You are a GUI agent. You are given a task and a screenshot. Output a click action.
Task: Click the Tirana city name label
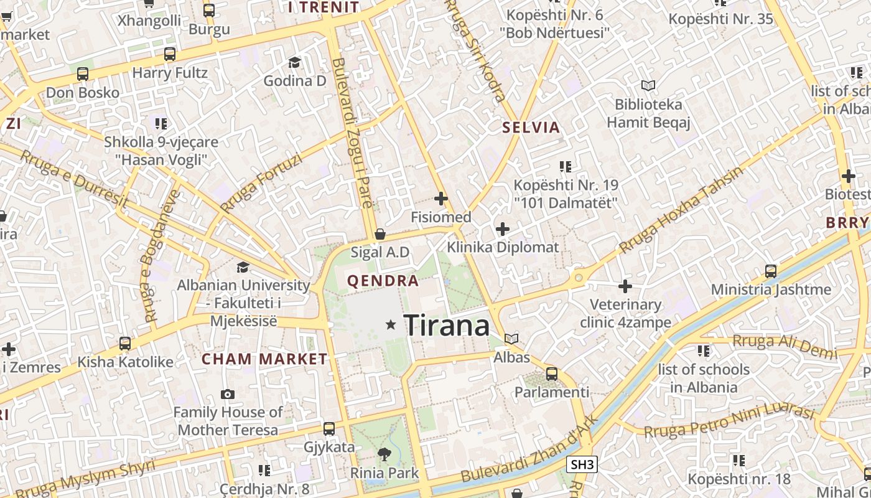[447, 325]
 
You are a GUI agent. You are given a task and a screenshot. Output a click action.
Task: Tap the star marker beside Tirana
[391, 324]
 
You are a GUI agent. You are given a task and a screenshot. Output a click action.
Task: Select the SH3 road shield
[583, 464]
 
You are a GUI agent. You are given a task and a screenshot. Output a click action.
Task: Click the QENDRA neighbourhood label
[383, 281]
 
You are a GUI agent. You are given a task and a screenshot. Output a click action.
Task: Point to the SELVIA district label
[531, 128]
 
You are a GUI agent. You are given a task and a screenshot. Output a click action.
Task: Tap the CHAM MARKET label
[264, 359]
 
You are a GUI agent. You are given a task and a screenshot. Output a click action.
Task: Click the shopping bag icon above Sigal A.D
[380, 235]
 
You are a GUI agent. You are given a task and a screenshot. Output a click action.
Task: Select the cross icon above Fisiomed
[441, 199]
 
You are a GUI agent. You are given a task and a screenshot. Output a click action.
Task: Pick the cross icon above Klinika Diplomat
[503, 229]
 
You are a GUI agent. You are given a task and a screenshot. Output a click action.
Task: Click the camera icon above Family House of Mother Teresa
[228, 394]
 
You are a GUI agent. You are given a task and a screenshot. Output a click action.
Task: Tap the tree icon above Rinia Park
[384, 454]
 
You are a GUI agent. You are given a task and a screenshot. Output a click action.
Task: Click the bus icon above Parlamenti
[551, 374]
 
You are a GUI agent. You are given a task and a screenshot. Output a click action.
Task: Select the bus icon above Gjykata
[328, 429]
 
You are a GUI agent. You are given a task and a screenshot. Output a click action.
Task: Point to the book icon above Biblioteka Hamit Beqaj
[648, 85]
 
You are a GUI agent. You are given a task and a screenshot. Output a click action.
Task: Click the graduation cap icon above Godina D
[294, 62]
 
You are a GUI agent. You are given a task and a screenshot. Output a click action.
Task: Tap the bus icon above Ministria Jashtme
[771, 271]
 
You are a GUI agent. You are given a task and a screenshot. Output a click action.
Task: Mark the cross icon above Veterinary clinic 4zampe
[625, 286]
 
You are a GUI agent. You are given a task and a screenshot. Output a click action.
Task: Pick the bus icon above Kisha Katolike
[125, 344]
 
